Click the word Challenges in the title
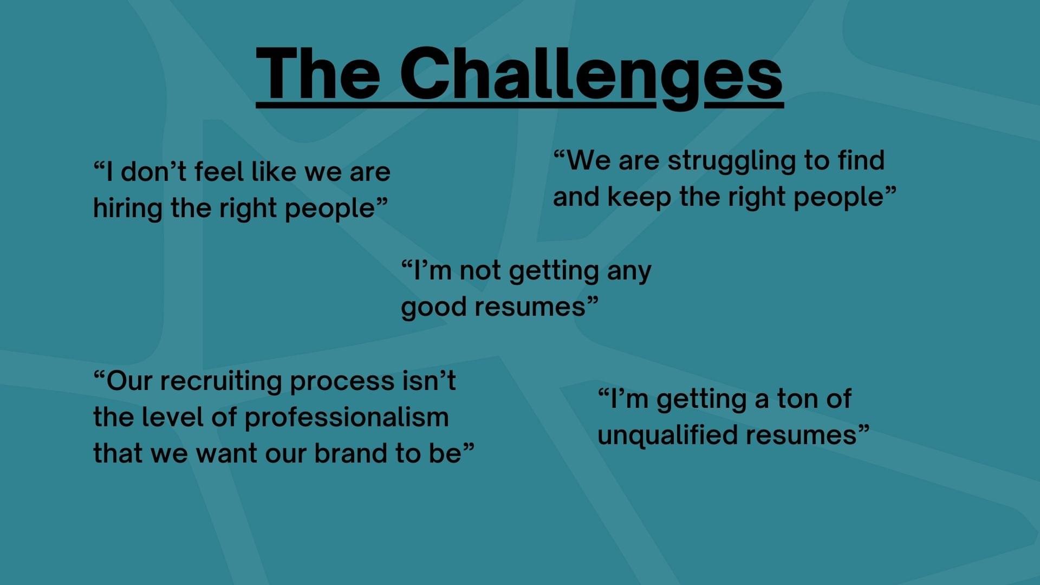point(591,76)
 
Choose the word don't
point(154,172)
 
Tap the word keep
point(639,197)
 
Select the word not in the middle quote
point(480,271)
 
